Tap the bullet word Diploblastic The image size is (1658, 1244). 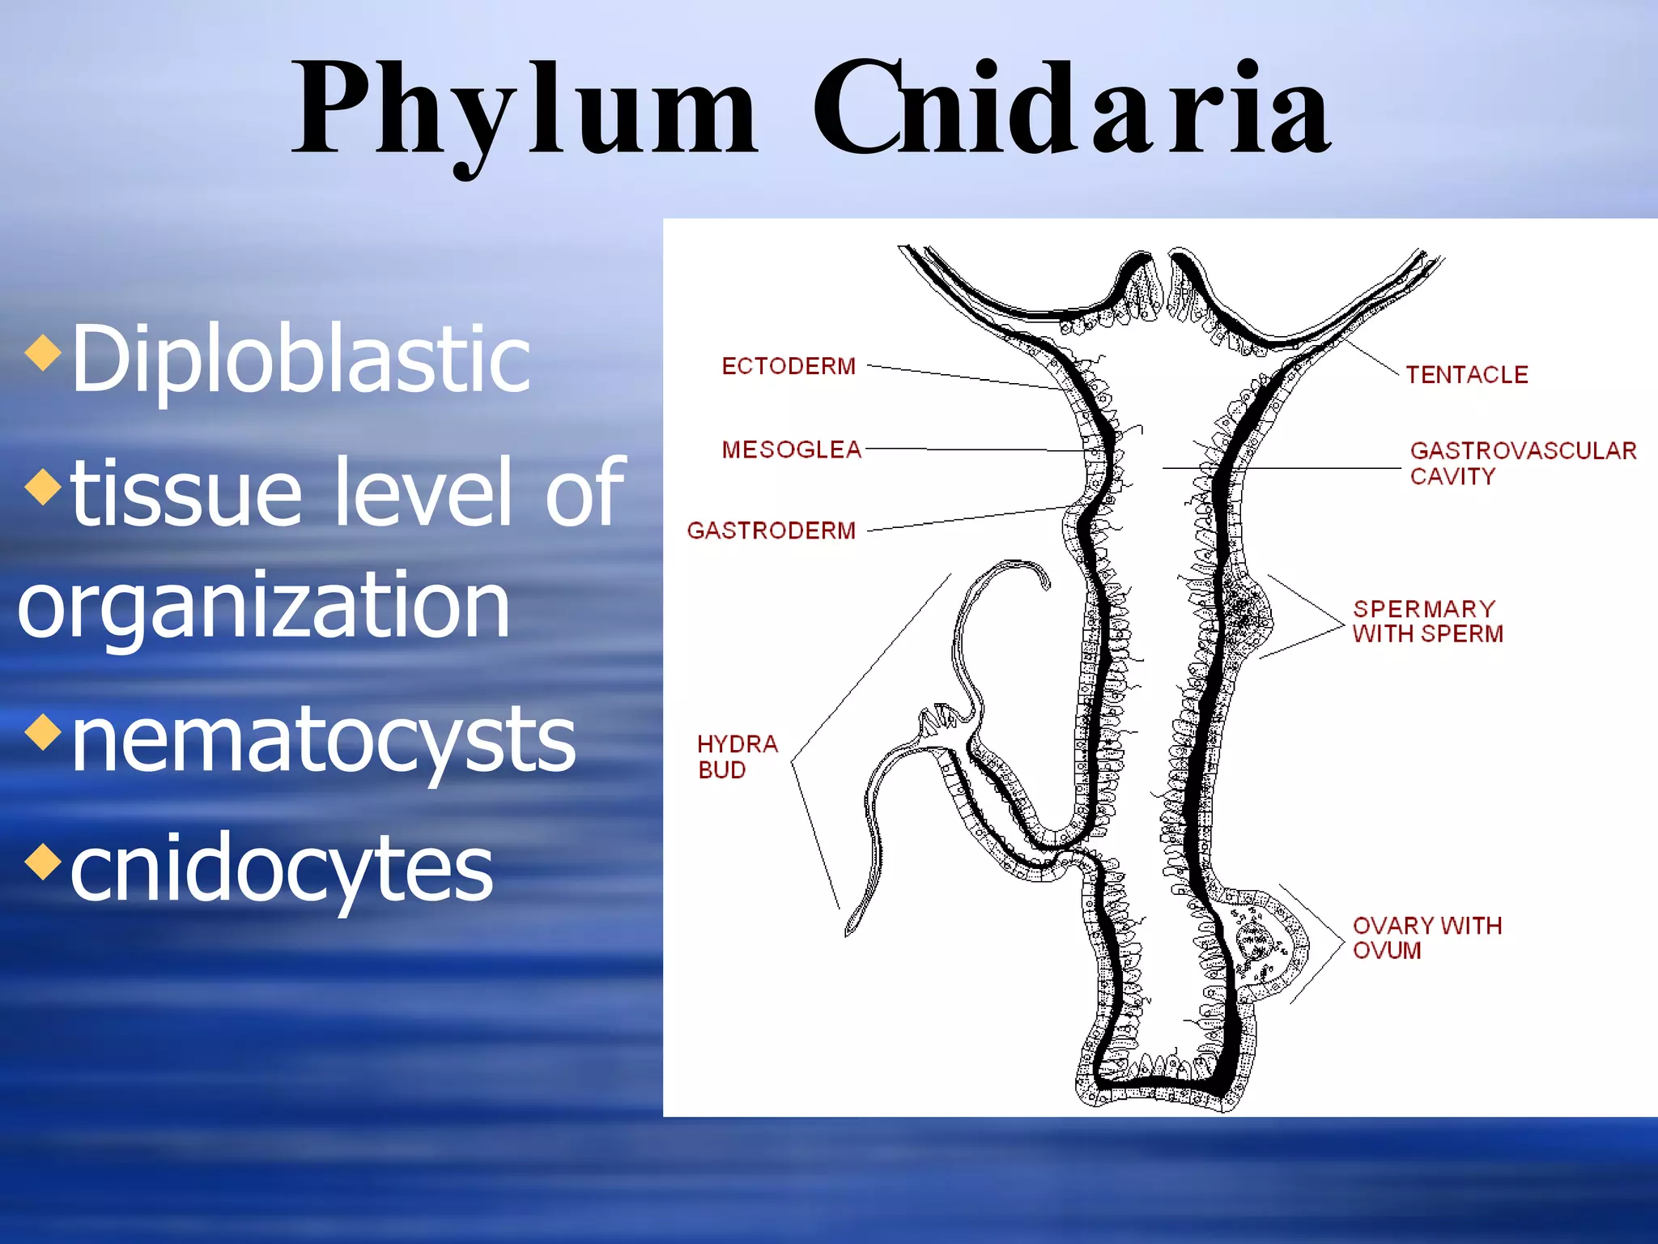click(300, 358)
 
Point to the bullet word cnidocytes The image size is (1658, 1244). click(281, 868)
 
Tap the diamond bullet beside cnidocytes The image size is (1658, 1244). click(43, 861)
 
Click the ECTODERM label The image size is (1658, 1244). click(789, 366)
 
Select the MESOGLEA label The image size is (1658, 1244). click(791, 449)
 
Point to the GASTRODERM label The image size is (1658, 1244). click(771, 530)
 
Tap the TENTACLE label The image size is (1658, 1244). click(1466, 375)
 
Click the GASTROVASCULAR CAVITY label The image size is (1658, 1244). click(1522, 462)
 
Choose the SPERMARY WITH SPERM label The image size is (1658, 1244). click(1427, 621)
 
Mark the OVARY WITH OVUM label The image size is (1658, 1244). click(1426, 937)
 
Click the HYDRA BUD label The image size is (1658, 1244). click(737, 756)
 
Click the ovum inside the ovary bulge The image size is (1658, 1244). click(1254, 940)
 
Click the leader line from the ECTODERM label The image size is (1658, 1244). click(963, 377)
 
